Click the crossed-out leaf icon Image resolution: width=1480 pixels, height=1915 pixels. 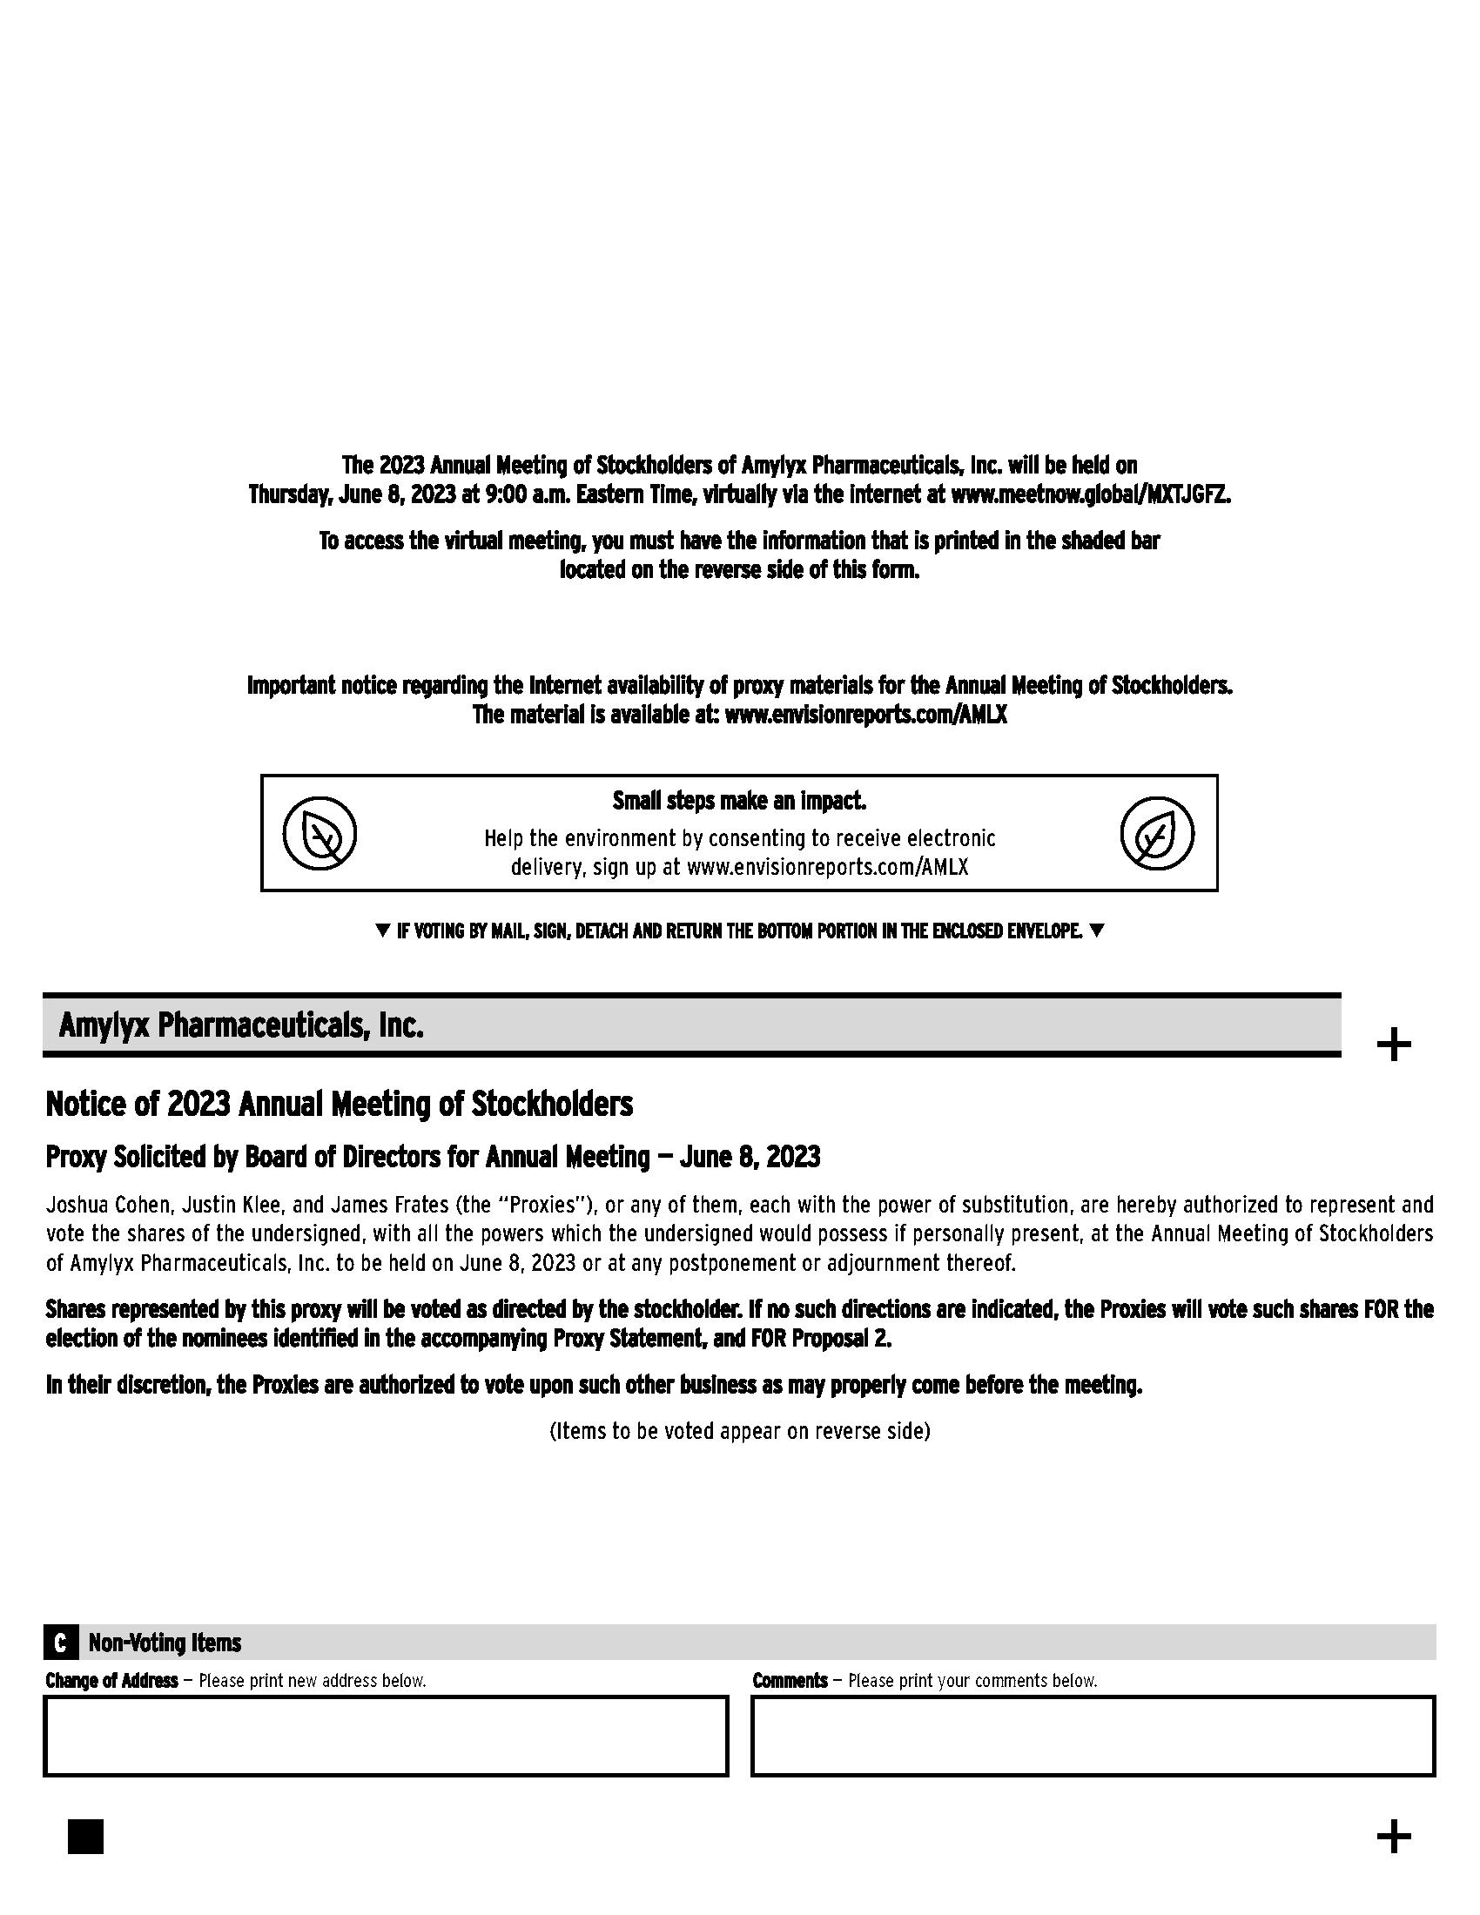tap(320, 833)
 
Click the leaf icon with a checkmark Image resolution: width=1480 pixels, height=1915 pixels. tap(1156, 833)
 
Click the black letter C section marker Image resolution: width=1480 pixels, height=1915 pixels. tap(59, 1643)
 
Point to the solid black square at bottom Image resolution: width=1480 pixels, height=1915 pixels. tap(85, 1836)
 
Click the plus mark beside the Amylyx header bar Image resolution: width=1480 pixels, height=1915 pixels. tap(1393, 1045)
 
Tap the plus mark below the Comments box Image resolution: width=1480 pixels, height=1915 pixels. tap(1393, 1836)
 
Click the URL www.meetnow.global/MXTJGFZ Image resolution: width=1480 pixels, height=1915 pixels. tap(1091, 494)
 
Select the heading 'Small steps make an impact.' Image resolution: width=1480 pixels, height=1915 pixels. tap(739, 801)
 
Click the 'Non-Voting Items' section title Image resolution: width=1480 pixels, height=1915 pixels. tap(165, 1643)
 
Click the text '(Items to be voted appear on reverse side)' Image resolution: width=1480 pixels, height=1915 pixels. tap(739, 1431)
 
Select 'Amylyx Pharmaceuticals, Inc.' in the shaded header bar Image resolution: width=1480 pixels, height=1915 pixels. tap(241, 1025)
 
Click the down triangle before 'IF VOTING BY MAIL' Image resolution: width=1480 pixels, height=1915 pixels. tap(382, 931)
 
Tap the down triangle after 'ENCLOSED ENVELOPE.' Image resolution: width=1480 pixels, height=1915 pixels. tap(1096, 931)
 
